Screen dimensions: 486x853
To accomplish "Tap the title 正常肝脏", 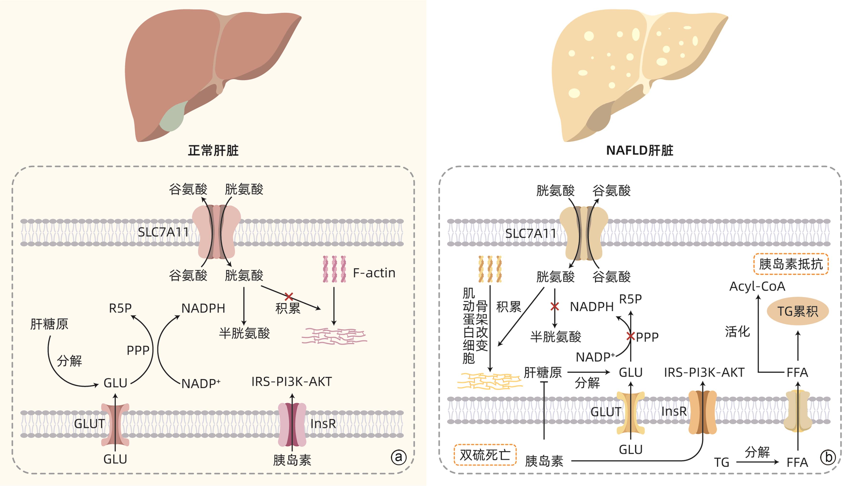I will click(x=213, y=151).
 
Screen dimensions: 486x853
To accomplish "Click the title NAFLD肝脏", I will click(x=639, y=151).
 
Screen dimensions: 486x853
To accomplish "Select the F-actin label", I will click(x=374, y=273).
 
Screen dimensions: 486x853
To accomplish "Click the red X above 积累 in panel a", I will click(x=289, y=296).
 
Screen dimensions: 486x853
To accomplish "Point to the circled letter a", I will click(x=399, y=457).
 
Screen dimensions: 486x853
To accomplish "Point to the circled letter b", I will click(x=828, y=457).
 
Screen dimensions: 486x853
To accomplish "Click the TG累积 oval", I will click(x=798, y=311).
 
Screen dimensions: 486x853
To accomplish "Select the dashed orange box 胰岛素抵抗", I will click(x=790, y=264).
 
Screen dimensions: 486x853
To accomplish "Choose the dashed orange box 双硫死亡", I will click(x=485, y=455).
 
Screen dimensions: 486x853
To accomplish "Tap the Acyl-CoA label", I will click(x=757, y=286).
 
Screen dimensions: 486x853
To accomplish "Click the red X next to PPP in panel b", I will click(x=631, y=336).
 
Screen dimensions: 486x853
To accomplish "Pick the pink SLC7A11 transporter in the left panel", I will click(x=216, y=232).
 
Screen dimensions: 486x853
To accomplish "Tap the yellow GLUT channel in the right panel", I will click(x=631, y=413).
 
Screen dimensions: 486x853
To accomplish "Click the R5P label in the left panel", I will click(x=120, y=308).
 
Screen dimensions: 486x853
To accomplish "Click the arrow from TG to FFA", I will click(x=757, y=462).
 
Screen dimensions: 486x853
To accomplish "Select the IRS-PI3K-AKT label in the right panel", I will click(x=704, y=372).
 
